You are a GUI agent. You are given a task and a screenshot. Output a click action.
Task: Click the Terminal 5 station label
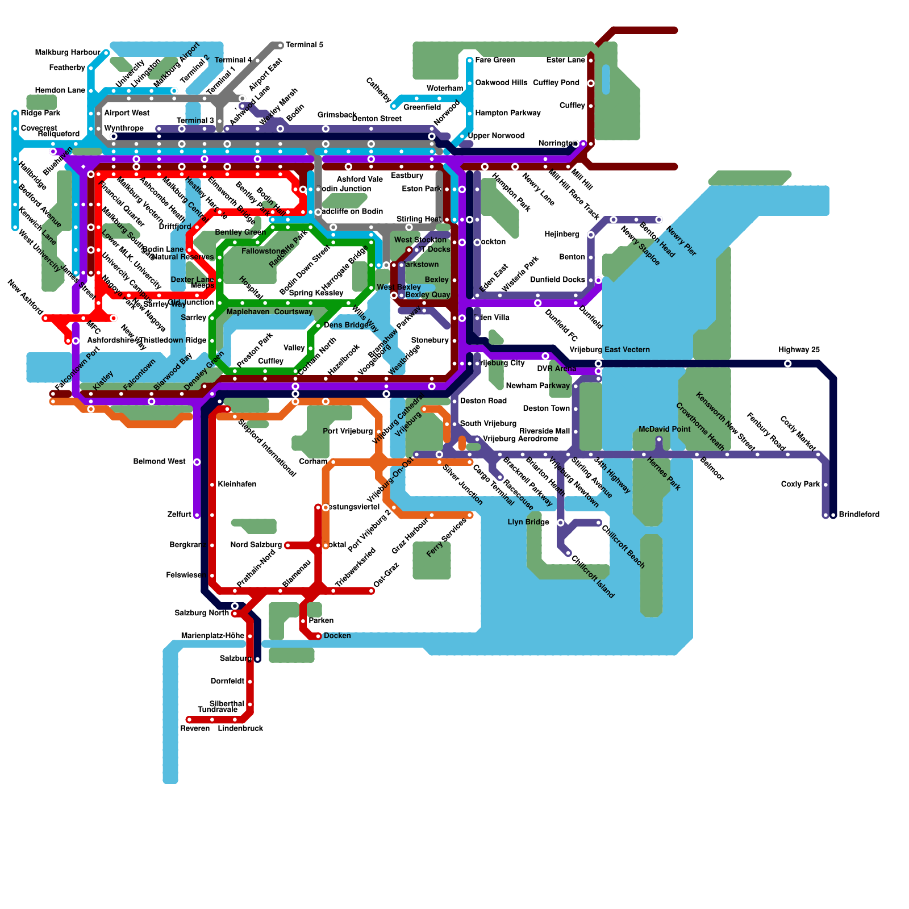click(x=305, y=45)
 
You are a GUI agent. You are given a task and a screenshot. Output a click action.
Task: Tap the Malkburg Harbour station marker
click(x=106, y=53)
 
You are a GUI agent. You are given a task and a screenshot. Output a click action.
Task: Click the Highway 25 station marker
click(x=788, y=364)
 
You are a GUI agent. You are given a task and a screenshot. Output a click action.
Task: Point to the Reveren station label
click(x=195, y=728)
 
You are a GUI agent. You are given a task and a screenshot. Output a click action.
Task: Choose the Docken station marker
click(x=318, y=636)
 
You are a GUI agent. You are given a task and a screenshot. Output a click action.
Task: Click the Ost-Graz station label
click(x=386, y=575)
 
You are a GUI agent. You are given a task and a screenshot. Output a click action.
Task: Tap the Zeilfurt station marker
click(x=197, y=515)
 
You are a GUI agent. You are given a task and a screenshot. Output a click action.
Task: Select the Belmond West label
click(x=159, y=461)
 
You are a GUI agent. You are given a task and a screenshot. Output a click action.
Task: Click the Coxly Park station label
click(x=800, y=484)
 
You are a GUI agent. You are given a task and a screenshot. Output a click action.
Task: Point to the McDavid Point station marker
click(x=659, y=440)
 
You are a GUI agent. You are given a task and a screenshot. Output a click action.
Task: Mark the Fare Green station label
click(x=495, y=60)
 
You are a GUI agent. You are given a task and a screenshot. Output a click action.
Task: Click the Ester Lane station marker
click(x=591, y=60)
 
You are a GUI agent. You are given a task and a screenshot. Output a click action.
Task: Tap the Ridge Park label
click(x=40, y=113)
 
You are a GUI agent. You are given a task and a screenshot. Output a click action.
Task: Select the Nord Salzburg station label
click(x=256, y=545)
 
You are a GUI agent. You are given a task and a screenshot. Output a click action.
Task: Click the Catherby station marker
click(x=394, y=106)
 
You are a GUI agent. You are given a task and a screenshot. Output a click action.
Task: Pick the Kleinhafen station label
click(x=237, y=484)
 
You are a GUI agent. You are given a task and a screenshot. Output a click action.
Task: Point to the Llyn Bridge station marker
click(x=561, y=523)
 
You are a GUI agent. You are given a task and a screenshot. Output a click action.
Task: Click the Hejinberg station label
click(x=561, y=234)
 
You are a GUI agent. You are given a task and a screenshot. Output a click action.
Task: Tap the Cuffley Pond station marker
click(x=591, y=84)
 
